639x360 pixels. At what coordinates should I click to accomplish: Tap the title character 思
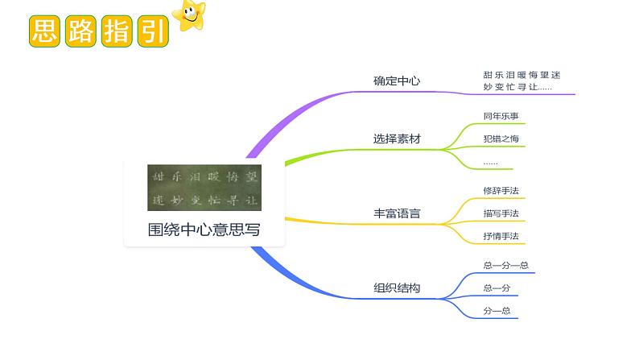(43, 31)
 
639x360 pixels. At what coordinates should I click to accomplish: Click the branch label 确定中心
(397, 81)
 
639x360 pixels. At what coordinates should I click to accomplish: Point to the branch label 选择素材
(397, 139)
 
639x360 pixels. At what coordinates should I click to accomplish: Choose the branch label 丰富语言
(397, 214)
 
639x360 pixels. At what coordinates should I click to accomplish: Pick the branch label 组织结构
(397, 288)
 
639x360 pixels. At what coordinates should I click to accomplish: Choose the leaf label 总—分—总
(505, 265)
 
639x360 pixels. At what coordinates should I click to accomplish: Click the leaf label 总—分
(497, 288)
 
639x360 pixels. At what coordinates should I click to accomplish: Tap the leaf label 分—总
(497, 310)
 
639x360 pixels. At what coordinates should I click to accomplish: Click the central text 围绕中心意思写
(204, 230)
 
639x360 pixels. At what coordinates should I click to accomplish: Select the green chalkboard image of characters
(204, 188)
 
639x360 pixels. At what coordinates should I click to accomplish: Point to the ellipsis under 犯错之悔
(490, 163)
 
